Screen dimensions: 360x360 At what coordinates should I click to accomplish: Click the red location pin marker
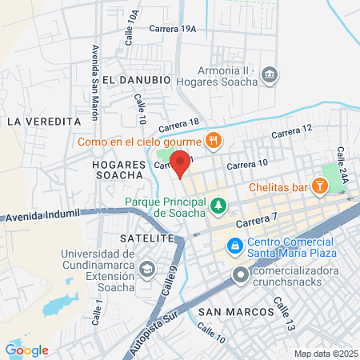(181, 163)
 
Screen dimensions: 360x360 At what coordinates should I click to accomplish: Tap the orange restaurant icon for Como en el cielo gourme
(212, 142)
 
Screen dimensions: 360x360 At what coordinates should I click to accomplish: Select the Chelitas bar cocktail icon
(320, 186)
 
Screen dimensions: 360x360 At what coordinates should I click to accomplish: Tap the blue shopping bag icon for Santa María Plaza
(234, 246)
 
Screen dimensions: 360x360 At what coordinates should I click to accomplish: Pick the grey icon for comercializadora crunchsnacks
(241, 276)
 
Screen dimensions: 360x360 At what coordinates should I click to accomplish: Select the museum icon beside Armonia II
(270, 75)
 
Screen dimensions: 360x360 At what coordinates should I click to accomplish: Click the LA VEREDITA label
(44, 121)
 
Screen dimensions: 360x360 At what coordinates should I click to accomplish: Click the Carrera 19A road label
(172, 29)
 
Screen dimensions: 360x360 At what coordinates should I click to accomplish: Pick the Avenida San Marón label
(94, 80)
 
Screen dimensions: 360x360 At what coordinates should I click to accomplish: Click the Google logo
(26, 350)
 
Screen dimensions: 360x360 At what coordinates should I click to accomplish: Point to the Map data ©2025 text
(324, 354)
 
